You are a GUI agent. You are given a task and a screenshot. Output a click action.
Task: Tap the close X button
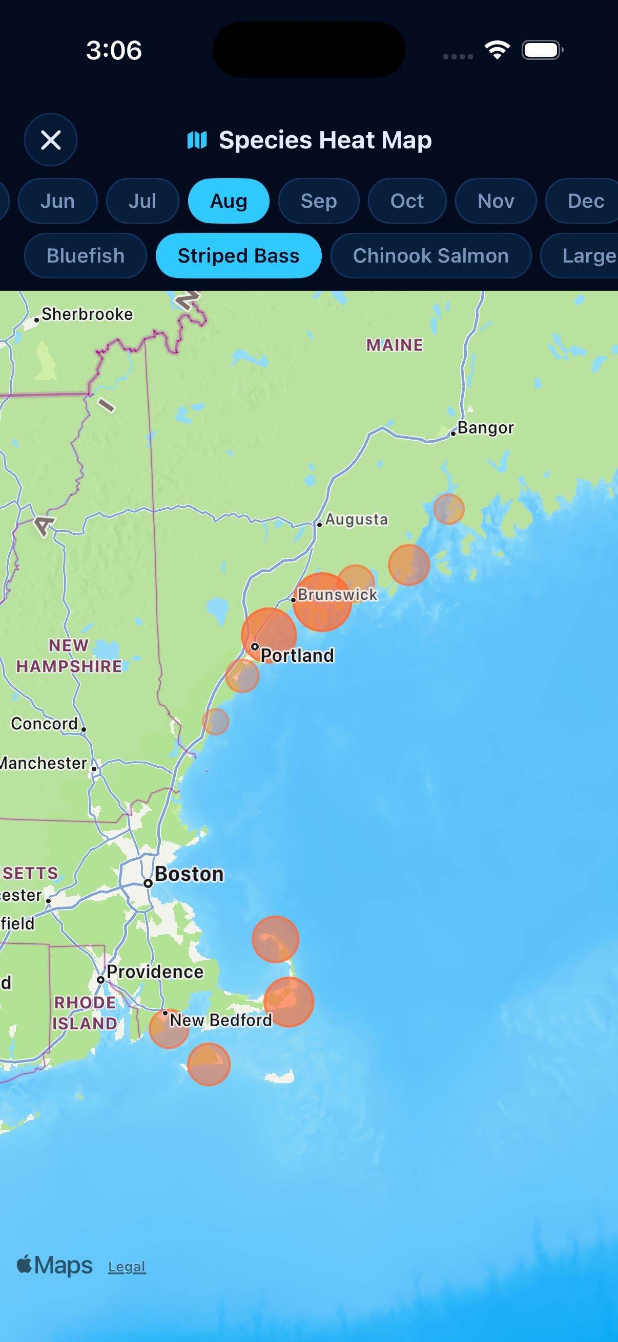51,140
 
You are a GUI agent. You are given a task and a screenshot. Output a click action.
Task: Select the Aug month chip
229,201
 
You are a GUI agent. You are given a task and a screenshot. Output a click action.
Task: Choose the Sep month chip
319,201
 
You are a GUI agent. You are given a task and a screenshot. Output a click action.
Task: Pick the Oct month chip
407,201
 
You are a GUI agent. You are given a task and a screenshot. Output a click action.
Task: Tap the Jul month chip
142,201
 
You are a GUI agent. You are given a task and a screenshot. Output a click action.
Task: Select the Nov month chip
496,201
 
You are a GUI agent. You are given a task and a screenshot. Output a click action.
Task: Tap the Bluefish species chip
86,256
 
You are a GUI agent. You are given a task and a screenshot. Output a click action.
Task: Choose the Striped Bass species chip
238,256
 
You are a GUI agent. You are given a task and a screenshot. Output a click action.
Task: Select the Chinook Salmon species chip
431,256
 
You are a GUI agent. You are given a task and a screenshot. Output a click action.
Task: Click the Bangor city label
485,428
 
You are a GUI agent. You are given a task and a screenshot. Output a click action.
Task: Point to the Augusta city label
356,520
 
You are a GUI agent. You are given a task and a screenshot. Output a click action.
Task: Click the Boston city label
189,874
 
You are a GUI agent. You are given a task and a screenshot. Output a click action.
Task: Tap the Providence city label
155,971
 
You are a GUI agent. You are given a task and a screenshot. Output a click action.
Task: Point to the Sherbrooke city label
87,314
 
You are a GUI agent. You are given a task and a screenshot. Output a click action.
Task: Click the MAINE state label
395,345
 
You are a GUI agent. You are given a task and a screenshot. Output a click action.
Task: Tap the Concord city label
45,724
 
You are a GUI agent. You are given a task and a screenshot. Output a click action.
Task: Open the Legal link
127,1266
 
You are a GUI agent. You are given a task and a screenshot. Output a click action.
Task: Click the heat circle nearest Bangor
448,509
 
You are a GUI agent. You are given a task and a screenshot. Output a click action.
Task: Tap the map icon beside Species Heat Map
197,140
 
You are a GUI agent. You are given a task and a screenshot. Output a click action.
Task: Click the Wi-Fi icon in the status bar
497,50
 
